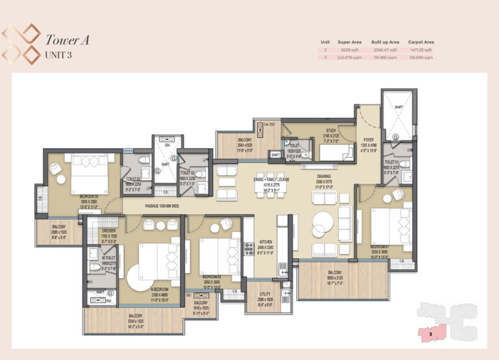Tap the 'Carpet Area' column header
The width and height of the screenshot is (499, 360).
[x=421, y=42]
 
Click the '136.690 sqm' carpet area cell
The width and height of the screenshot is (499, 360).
[x=421, y=57]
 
